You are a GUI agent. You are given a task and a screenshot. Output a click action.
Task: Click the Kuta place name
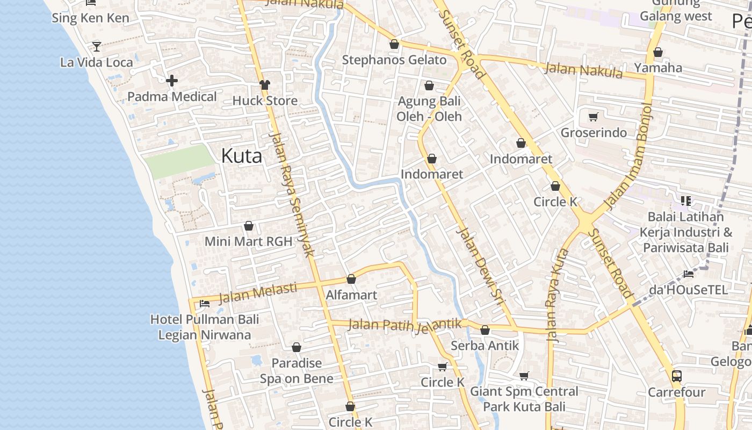point(242,156)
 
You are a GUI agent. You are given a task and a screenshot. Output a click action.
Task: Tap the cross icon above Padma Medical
point(172,81)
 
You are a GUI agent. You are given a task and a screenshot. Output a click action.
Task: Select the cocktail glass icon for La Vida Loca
point(97,46)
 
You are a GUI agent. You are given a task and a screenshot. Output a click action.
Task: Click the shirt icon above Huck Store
point(265,84)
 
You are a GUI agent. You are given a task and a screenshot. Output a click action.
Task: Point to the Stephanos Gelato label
point(394,60)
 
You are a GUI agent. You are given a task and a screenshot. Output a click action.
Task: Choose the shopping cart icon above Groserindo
point(594,117)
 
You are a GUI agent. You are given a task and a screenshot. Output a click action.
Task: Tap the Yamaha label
point(658,68)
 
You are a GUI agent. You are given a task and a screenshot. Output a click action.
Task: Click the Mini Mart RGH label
point(248,241)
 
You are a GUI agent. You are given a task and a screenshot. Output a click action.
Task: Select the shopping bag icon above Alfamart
point(351,279)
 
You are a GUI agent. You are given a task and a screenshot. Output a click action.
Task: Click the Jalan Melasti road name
point(258,293)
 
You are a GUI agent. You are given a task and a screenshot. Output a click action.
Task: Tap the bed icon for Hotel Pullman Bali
point(205,303)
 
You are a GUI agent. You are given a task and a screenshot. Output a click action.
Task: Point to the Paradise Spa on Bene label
point(297,371)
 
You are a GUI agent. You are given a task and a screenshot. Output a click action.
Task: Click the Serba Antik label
point(485,346)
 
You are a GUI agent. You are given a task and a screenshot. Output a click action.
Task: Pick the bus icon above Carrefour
point(677,376)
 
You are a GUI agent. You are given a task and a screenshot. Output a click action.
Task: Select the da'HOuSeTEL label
point(688,290)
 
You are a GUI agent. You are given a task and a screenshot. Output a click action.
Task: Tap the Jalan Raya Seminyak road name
point(293,195)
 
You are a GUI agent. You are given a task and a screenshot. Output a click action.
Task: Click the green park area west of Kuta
point(180,161)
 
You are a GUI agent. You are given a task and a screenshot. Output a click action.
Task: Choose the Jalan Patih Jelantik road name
point(405,325)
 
